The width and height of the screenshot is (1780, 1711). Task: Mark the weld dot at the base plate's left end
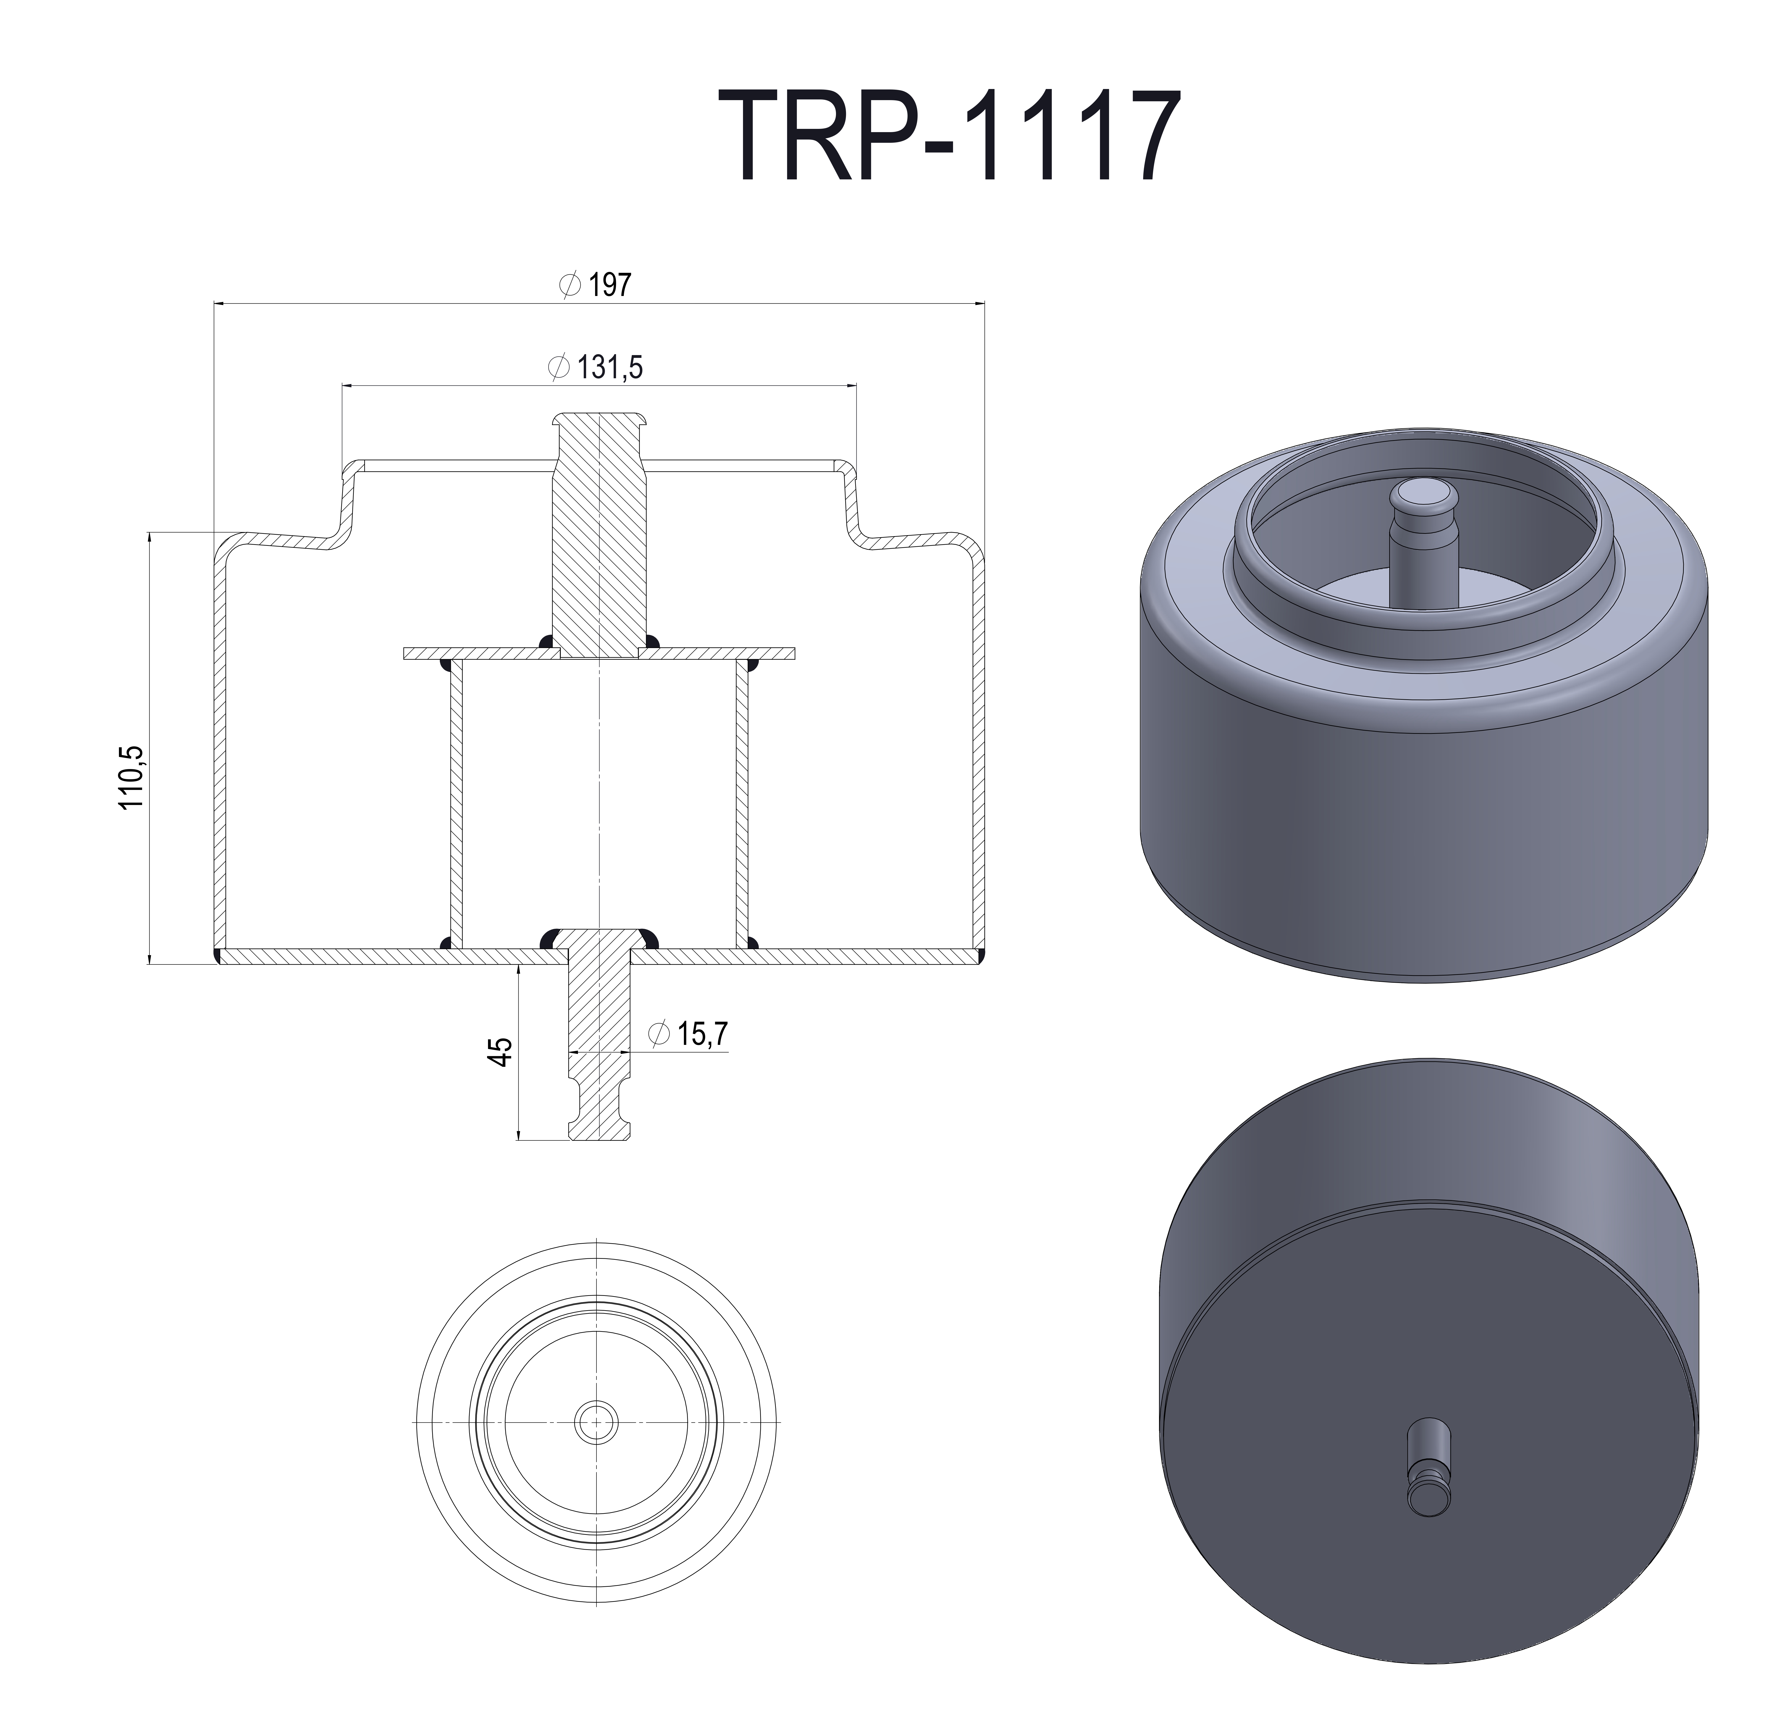click(219, 956)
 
